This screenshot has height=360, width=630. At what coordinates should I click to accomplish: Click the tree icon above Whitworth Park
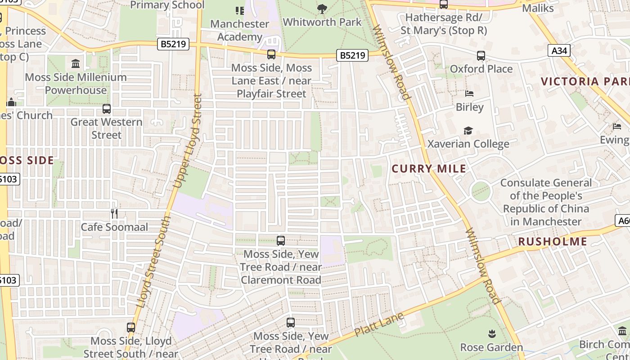coord(322,9)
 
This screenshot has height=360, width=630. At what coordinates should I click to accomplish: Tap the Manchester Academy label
coord(239,30)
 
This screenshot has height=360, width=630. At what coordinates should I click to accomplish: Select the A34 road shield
coord(559,50)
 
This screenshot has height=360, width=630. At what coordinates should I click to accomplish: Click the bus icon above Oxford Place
coord(481,56)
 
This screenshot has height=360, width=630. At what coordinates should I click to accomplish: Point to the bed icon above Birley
coord(469,94)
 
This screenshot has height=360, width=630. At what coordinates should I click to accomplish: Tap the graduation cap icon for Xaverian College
coord(468,130)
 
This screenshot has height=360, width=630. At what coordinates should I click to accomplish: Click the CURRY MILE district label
coord(428,169)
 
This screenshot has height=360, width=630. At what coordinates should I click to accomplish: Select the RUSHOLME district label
coord(552,242)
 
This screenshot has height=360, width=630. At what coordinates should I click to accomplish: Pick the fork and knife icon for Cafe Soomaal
coord(114,213)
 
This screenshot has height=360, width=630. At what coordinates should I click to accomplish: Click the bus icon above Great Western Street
coord(106,109)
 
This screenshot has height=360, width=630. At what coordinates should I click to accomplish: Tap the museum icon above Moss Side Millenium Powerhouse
coord(76,63)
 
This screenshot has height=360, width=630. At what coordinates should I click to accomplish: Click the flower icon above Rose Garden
coord(491,334)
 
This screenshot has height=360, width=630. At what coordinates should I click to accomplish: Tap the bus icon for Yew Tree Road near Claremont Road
coord(281,241)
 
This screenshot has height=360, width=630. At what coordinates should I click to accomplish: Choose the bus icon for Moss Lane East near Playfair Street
coord(271,55)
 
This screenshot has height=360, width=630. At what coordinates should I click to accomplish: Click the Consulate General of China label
coord(546,202)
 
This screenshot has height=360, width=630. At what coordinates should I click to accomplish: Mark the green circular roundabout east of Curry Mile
coord(481,191)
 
